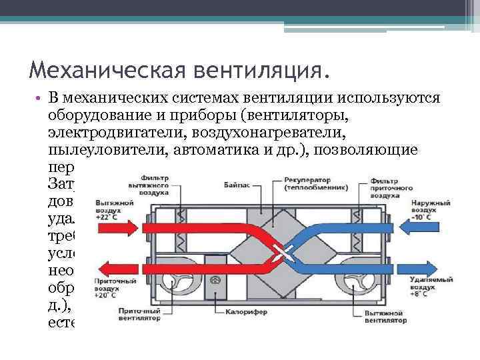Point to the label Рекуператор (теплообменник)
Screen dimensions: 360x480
tap(309, 184)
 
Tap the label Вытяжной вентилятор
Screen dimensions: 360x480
tap(385, 316)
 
